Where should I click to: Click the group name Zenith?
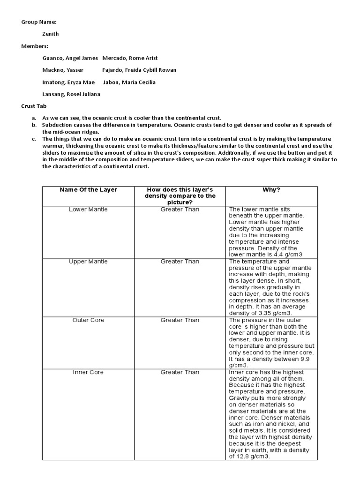(51, 34)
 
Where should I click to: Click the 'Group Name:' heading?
(39, 22)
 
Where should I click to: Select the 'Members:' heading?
(35, 46)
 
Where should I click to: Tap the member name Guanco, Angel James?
(70, 58)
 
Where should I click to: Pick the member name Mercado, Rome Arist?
(130, 58)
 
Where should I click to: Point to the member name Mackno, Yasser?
(63, 70)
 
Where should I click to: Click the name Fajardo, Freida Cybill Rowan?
(139, 70)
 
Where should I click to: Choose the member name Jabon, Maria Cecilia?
(129, 82)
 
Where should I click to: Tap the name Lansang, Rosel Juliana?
(71, 94)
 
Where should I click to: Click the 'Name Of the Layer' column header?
(88, 189)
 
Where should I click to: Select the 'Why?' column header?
(271, 189)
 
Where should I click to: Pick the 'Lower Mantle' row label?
(88, 209)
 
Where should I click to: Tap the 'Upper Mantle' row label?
(88, 261)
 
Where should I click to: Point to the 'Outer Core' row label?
(88, 320)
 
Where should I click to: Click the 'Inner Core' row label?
(88, 372)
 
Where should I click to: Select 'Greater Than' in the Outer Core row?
(180, 320)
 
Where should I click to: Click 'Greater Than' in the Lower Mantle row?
(180, 209)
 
